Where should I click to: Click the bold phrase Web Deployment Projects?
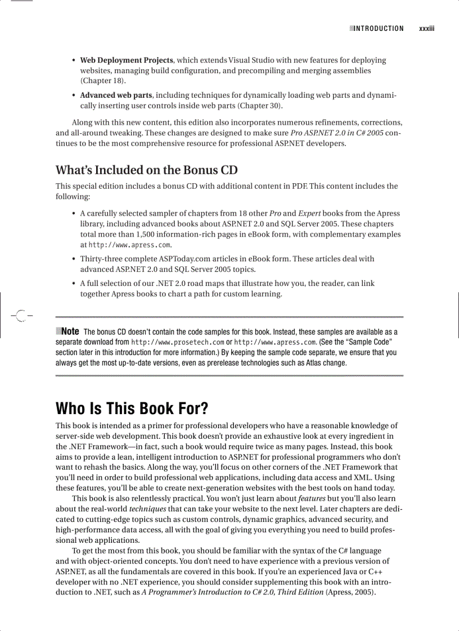pyautogui.click(x=127, y=60)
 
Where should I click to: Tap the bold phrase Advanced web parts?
pyautogui.click(x=117, y=96)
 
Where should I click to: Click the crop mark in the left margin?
pyautogui.click(x=20, y=316)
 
